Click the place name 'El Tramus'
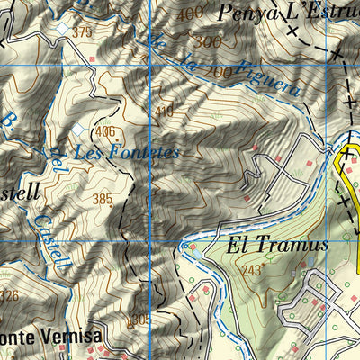[270, 245]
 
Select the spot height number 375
[83, 32]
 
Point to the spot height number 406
[105, 132]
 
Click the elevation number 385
[102, 198]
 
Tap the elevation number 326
[9, 295]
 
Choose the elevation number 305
[137, 319]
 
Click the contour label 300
[207, 42]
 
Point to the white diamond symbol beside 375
[61, 30]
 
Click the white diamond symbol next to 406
[89, 128]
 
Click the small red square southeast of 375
[93, 58]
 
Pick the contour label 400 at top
[190, 13]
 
